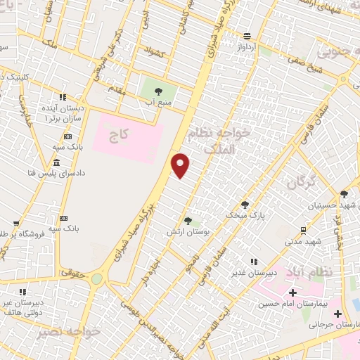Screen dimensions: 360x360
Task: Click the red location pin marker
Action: pos(181,165)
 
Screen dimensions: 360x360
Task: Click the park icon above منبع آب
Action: pos(157,91)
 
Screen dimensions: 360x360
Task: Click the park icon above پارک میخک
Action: pos(245,203)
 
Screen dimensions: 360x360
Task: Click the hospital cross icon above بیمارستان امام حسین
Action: pos(292,292)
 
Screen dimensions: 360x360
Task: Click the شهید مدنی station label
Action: pos(304,241)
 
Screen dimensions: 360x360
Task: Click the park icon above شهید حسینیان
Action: pos(344,194)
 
